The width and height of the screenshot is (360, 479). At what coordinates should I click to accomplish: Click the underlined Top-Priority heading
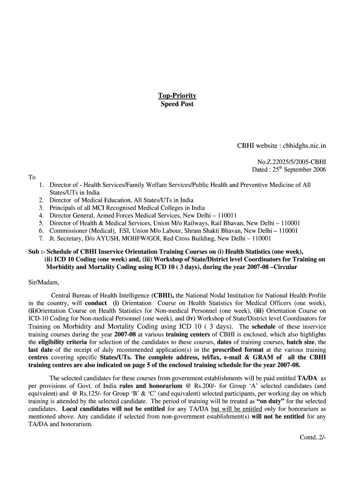coord(177,96)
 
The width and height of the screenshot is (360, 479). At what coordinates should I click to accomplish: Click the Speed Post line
coord(177,104)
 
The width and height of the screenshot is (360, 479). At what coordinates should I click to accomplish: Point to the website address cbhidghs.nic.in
coord(305,146)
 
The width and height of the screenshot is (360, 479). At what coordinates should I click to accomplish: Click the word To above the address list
coord(32,177)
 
